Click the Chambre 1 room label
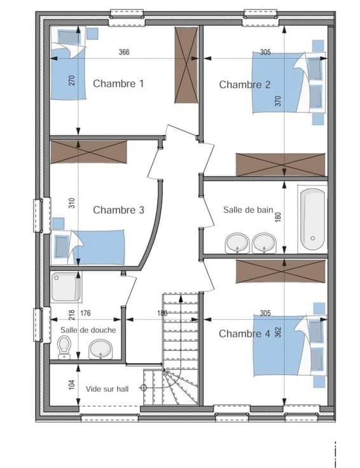coord(118,83)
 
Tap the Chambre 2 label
coord(244,85)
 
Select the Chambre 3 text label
coord(118,210)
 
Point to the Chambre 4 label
coord(244,334)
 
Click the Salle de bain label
coord(248,210)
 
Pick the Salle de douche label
coord(88,330)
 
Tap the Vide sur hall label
coord(107,389)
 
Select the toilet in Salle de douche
coord(64,347)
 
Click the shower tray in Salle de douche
coord(66,287)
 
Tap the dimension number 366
coord(124,52)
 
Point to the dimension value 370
coord(278,101)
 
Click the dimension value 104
coord(72,385)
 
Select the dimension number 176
coord(85,313)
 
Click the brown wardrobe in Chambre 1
coord(186,65)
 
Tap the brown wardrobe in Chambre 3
coord(88,152)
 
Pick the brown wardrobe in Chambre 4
coord(280,272)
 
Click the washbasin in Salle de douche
coord(100,349)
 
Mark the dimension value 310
coord(72,203)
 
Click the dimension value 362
coord(278,332)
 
